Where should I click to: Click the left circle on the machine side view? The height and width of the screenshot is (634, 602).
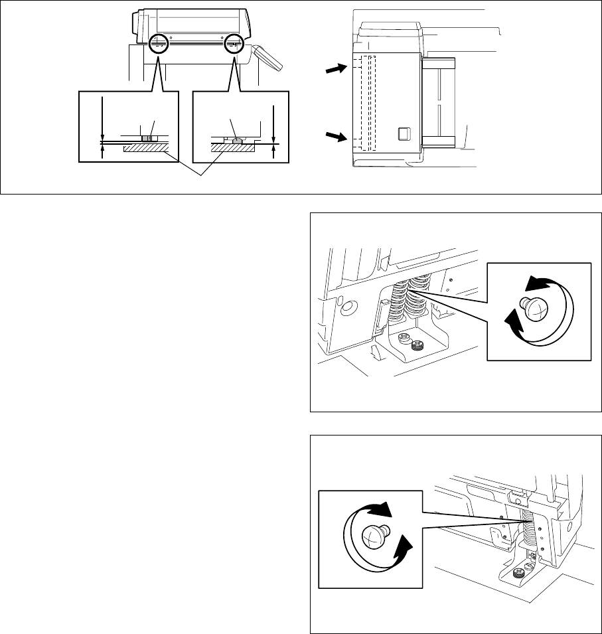[158, 44]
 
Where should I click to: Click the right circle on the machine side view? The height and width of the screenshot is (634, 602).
[234, 44]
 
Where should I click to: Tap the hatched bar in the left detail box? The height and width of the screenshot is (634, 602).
[145, 151]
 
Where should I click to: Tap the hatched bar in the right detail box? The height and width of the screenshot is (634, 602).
[232, 149]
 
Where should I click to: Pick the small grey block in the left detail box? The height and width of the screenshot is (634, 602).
[147, 138]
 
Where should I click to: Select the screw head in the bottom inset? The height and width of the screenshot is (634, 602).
[374, 536]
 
